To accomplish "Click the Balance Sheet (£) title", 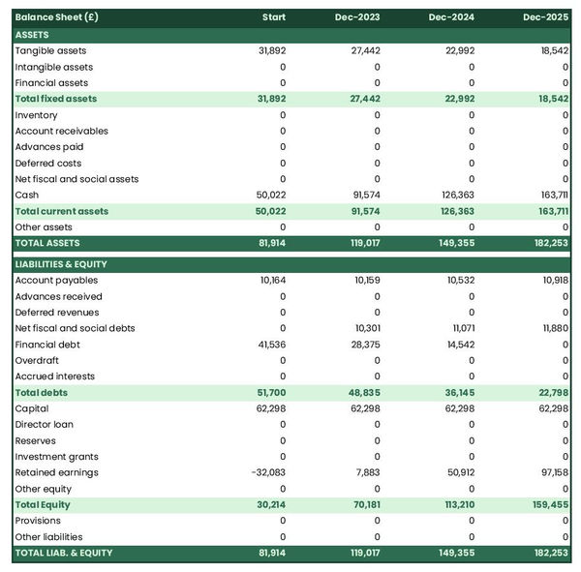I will point(56,17).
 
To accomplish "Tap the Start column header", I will point(273,17).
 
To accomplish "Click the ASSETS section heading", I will point(32,35).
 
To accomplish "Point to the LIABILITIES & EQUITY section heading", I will point(61,264).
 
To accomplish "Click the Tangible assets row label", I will point(50,50).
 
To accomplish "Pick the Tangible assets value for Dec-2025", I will point(554,50).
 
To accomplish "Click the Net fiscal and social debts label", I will point(75,328).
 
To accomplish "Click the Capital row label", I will point(32,408).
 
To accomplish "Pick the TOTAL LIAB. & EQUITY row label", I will point(64,553).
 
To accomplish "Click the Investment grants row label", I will point(56,457).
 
